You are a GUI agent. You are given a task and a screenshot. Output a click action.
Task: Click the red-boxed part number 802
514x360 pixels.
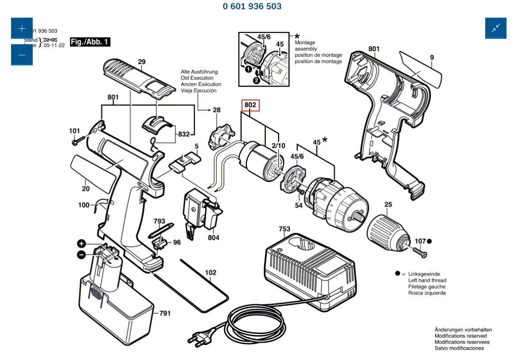coord(250,105)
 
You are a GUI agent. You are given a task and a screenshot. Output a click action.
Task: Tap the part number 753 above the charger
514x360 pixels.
coord(284,229)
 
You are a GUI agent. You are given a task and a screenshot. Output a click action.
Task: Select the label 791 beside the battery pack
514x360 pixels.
coord(165,314)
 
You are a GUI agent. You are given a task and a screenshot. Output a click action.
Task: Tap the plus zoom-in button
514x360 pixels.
coord(22,29)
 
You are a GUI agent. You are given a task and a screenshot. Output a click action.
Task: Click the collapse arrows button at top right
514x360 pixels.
coord(495,28)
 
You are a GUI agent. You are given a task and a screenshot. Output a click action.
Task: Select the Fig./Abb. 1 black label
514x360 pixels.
coord(90,42)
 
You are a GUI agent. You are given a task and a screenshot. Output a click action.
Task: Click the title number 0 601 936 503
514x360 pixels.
coord(252,6)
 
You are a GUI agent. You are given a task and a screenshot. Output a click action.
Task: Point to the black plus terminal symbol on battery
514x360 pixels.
coord(81,244)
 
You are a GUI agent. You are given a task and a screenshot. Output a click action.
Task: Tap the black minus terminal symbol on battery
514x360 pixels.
coord(81,254)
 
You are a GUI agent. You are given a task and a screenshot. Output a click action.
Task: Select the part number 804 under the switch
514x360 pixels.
coord(213,238)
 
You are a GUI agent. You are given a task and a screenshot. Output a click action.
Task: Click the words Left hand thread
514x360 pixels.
coord(427,280)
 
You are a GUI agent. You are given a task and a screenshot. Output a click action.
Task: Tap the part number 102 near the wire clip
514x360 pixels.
coord(211,272)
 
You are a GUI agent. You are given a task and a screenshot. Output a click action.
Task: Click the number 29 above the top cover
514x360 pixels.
coord(142,62)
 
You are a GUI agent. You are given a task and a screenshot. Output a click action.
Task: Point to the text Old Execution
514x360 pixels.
coord(197,78)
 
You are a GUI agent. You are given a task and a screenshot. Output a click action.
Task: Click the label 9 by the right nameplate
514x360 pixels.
coord(432,57)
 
